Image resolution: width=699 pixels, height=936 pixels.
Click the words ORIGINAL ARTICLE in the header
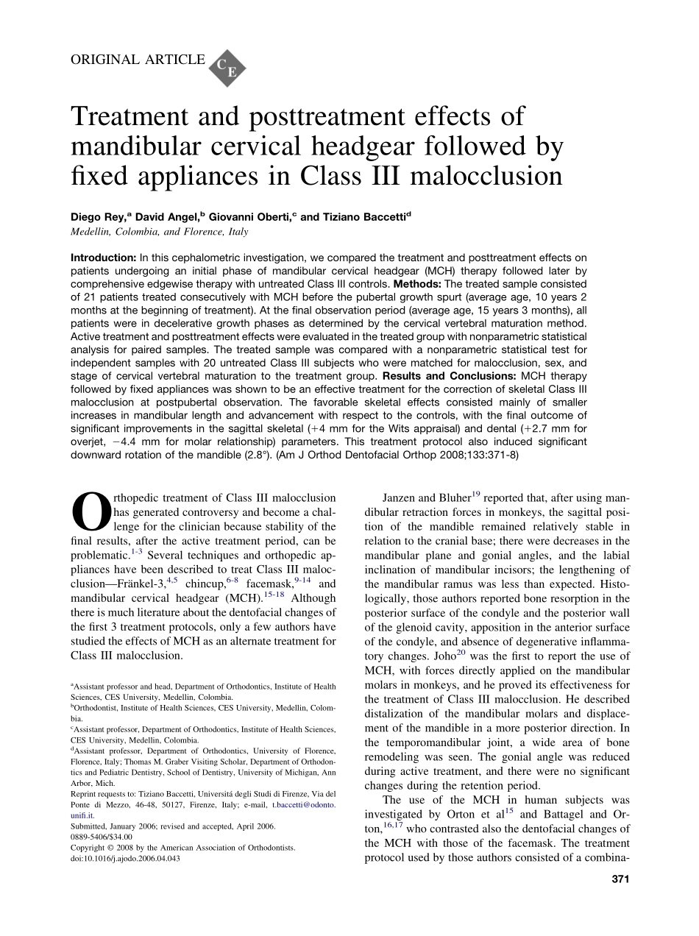138,59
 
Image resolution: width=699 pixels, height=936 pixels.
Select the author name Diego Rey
98,217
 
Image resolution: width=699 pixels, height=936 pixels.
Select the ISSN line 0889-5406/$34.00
102,837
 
